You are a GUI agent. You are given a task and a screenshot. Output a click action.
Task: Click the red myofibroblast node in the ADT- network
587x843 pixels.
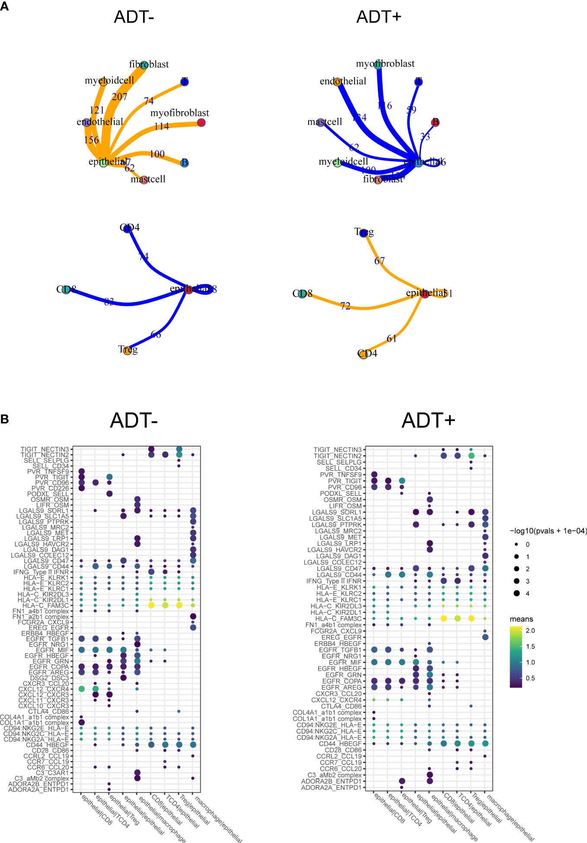point(201,123)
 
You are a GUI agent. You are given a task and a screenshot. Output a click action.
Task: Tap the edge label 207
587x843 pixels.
point(119,97)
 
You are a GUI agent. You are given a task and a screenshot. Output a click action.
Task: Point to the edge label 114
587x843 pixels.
point(162,127)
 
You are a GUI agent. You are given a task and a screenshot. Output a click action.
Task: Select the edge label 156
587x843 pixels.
point(91,140)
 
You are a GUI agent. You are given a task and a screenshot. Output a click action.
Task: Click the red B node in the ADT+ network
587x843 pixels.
point(435,122)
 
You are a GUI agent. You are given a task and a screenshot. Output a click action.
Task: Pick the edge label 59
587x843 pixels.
point(412,110)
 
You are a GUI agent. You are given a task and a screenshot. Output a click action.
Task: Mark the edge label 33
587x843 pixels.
point(425,137)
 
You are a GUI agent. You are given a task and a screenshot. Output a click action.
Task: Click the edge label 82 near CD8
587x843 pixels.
point(109,302)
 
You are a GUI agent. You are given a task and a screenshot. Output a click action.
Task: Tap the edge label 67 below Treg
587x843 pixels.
point(379,261)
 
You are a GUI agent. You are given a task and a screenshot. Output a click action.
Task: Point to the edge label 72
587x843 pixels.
point(345,306)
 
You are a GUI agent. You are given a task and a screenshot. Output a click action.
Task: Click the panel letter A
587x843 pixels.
point(4,6)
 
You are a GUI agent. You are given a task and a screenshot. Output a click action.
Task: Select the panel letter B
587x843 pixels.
point(4,419)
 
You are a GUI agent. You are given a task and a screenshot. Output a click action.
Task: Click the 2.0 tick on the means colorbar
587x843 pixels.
point(530,631)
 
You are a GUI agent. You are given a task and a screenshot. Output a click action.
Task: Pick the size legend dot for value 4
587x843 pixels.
point(517,593)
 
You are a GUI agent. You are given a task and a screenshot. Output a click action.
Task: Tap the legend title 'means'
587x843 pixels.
point(521,619)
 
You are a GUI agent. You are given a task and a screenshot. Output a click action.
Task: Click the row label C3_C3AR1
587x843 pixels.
point(52,773)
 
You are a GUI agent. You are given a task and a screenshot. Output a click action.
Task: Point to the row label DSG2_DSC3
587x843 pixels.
point(49,678)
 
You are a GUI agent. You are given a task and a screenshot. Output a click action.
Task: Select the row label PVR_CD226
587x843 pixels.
point(50,488)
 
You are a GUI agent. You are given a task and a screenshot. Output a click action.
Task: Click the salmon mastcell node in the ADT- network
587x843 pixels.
point(144,180)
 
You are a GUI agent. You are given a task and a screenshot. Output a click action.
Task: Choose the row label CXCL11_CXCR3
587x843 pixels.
point(43,700)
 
